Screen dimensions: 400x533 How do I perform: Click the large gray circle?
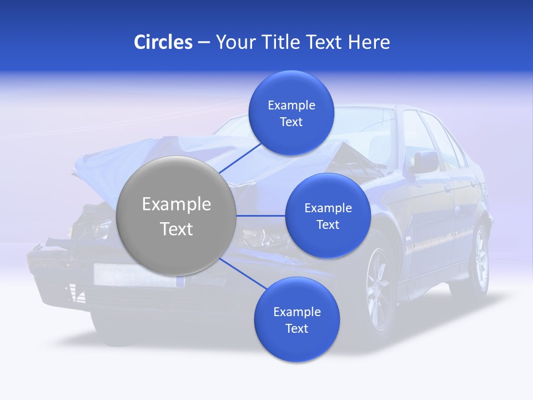177,216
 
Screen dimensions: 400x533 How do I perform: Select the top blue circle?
291,113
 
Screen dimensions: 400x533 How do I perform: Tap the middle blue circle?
328,216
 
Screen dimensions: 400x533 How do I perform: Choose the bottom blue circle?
296,320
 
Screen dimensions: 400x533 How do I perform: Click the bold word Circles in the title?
163,42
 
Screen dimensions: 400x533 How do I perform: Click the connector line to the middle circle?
261,216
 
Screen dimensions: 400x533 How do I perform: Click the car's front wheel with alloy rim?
380,289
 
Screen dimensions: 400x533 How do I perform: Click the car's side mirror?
424,163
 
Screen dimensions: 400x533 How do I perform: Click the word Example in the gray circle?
177,204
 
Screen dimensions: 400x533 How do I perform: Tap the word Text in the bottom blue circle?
296,328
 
